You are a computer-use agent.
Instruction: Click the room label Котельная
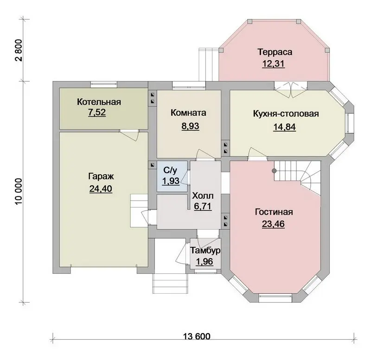tap(99, 102)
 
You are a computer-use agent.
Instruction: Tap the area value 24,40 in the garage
tap(101, 189)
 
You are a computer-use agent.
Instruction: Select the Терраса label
tap(275, 52)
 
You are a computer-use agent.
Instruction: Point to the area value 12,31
tap(273, 64)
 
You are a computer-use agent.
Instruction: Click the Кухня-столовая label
tap(286, 114)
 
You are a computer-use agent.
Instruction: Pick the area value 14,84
tap(284, 127)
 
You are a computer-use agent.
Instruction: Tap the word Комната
tap(188, 113)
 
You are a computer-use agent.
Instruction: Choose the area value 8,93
tap(190, 126)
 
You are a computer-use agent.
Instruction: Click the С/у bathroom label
tap(170, 170)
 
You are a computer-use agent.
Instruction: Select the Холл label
tap(203, 196)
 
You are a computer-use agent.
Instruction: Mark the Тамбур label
tap(205, 250)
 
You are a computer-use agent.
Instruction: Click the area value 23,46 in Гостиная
tap(273, 224)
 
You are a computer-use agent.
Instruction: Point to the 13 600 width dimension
tap(197, 336)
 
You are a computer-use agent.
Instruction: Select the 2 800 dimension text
tap(19, 50)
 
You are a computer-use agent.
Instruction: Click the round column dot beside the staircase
tap(274, 171)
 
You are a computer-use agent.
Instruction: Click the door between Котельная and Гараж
tap(128, 134)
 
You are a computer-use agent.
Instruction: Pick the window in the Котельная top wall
tap(104, 85)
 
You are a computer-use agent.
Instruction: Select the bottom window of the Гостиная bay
tap(275, 298)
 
